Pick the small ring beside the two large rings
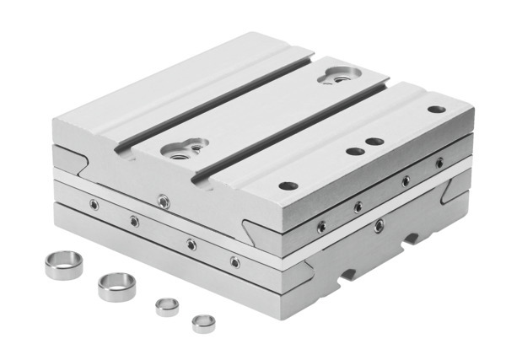(x=165, y=305)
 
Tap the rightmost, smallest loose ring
(x=202, y=322)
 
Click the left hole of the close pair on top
(x=353, y=152)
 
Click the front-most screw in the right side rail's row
(x=321, y=225)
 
